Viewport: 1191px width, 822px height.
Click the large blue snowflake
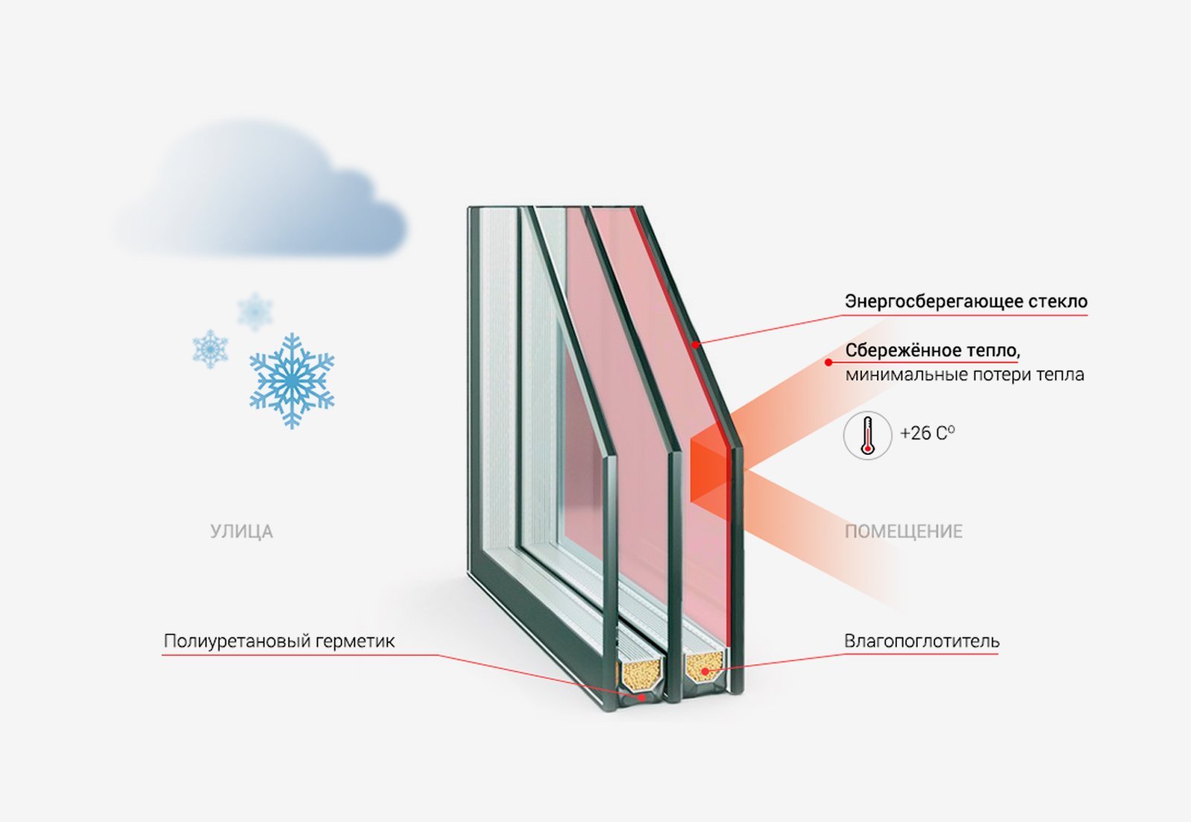[x=292, y=380]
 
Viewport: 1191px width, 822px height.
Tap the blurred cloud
[x=261, y=197]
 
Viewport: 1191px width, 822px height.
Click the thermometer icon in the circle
[x=867, y=435]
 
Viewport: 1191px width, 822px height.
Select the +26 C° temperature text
[x=927, y=433]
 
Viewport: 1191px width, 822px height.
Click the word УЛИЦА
[x=241, y=532]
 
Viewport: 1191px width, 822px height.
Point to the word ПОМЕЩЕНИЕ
[x=903, y=532]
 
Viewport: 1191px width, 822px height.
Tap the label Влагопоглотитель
[x=922, y=641]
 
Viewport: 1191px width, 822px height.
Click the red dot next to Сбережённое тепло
[x=828, y=363]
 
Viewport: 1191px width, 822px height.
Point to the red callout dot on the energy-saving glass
[x=696, y=344]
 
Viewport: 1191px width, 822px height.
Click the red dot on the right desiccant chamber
[x=703, y=671]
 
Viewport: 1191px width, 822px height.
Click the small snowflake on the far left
[x=210, y=348]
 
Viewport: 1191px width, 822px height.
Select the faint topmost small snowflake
[x=255, y=311]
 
